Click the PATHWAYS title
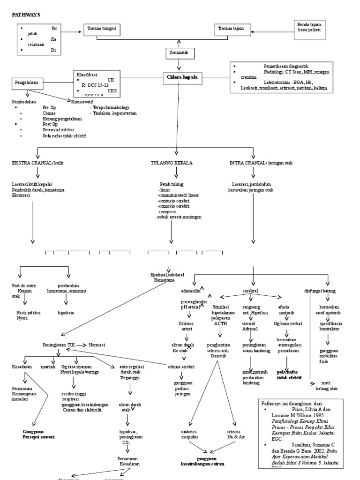click(26, 15)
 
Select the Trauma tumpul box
click(102, 30)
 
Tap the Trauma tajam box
click(231, 30)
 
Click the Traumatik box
click(179, 53)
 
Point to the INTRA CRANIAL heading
click(254, 163)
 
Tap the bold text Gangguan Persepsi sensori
click(38, 434)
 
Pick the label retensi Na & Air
click(237, 434)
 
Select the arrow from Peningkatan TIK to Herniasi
click(81, 345)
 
